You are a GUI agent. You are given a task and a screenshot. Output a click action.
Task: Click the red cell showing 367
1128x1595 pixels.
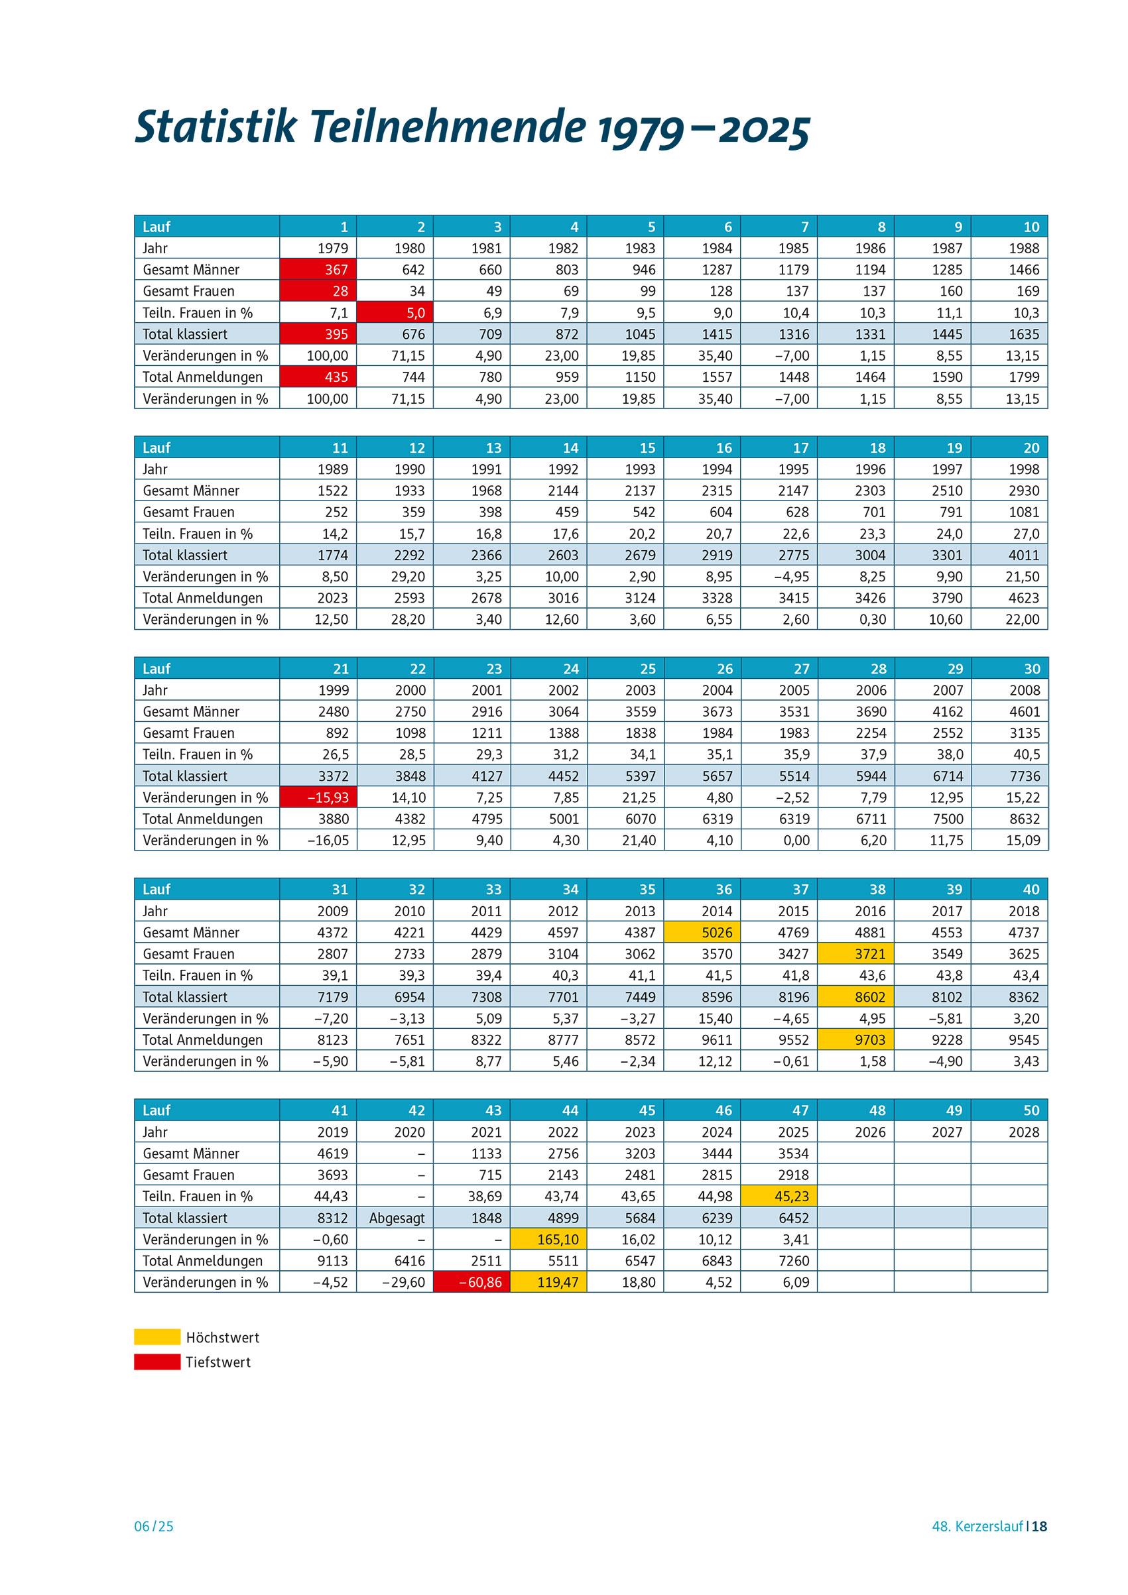pyautogui.click(x=318, y=270)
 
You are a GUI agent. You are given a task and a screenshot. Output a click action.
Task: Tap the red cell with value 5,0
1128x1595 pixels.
pyautogui.click(x=395, y=313)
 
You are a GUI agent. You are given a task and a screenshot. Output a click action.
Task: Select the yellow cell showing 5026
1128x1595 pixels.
pyautogui.click(x=702, y=932)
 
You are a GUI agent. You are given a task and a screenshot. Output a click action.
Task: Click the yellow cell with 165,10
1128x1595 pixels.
pyautogui.click(x=548, y=1239)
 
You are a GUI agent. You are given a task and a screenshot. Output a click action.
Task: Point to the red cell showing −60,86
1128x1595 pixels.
pyautogui.click(x=471, y=1281)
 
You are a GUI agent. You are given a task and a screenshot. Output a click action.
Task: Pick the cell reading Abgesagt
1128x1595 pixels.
pyautogui.click(x=396, y=1218)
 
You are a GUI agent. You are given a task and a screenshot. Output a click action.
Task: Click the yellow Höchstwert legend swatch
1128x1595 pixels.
pyautogui.click(x=157, y=1337)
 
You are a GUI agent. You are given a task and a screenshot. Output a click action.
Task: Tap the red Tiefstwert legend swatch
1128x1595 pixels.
pyautogui.click(x=157, y=1362)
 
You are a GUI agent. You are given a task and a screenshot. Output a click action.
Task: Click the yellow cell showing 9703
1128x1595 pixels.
pyautogui.click(x=855, y=1040)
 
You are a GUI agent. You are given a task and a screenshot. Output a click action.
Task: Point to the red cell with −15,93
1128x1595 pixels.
pyautogui.click(x=318, y=797)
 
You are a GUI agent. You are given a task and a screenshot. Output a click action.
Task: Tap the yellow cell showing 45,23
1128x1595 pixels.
pyautogui.click(x=779, y=1196)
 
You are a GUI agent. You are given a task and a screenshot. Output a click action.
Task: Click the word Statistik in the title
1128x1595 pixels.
pyautogui.click(x=216, y=127)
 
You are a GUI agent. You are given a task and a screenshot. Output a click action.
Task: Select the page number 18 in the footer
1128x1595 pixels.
pyautogui.click(x=1039, y=1526)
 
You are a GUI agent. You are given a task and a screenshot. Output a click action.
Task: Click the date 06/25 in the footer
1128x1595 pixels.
pyautogui.click(x=154, y=1526)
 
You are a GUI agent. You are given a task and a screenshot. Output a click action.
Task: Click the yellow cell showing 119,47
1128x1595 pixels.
pyautogui.click(x=548, y=1281)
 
